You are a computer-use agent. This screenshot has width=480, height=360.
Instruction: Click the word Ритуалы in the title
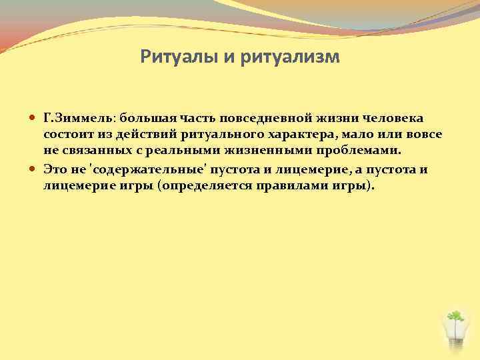pyautogui.click(x=179, y=57)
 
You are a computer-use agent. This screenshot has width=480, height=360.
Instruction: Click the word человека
pyautogui.click(x=394, y=118)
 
